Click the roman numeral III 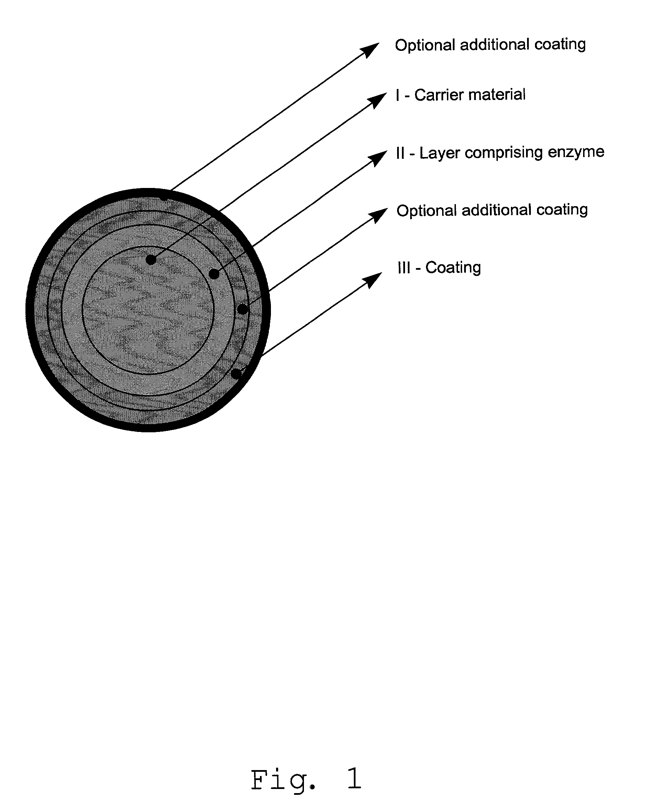tap(404, 268)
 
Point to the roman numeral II tap(400, 153)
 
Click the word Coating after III tap(453, 268)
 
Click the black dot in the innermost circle tap(151, 259)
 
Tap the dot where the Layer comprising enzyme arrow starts tap(214, 274)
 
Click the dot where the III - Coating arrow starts tap(236, 374)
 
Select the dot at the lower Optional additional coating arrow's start tap(243, 309)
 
